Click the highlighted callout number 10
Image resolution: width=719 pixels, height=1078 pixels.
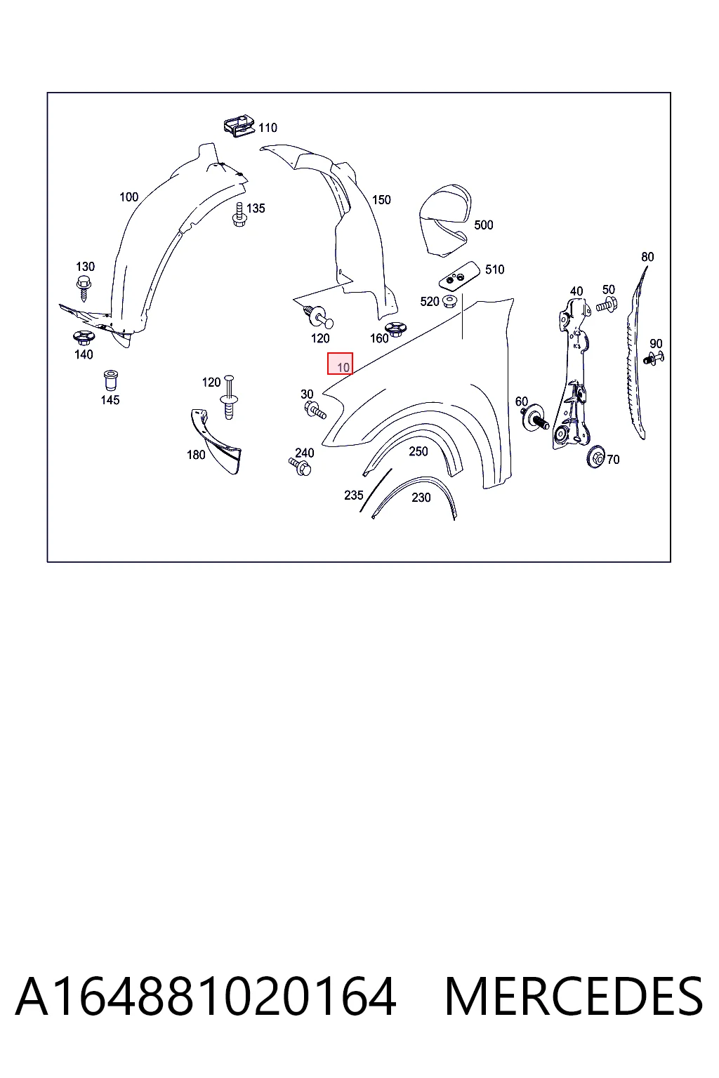(343, 367)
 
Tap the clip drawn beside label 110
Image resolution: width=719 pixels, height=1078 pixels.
(239, 126)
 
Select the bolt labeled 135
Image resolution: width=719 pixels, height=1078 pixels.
(239, 215)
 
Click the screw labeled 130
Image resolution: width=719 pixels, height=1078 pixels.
(84, 288)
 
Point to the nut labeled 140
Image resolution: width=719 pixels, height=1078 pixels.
(84, 338)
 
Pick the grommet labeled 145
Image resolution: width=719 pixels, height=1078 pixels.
(111, 380)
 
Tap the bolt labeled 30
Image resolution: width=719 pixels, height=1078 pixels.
(315, 410)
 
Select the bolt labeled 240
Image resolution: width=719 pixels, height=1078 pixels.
(300, 467)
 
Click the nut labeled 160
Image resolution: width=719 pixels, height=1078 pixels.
(395, 328)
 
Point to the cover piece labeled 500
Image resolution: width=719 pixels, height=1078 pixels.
(445, 220)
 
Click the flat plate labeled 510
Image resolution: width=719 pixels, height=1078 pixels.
(459, 276)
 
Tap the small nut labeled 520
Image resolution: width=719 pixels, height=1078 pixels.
(450, 302)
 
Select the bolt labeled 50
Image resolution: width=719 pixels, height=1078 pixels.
(607, 305)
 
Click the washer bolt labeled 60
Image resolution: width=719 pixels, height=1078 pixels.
(536, 418)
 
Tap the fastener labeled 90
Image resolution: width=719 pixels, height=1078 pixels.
(654, 358)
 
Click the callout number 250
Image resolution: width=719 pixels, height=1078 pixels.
(418, 451)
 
